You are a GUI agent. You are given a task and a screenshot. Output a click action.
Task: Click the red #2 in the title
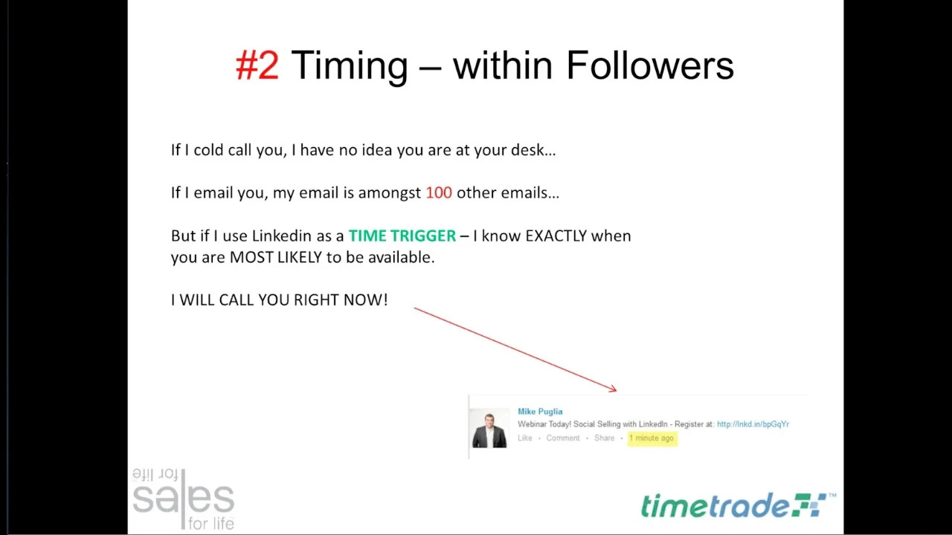pyautogui.click(x=257, y=65)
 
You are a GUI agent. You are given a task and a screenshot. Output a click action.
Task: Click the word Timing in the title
pyautogui.click(x=350, y=67)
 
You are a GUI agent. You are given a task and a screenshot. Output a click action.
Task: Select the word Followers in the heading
pyautogui.click(x=650, y=65)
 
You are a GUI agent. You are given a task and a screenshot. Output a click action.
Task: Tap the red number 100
pyautogui.click(x=439, y=192)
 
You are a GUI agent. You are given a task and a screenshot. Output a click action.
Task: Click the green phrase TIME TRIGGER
pyautogui.click(x=402, y=236)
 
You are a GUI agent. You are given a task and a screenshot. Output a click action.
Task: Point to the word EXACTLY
pyautogui.click(x=556, y=236)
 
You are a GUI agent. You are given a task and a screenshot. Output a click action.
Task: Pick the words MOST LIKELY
pyautogui.click(x=276, y=257)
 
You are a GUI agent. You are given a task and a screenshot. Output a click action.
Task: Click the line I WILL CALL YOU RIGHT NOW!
pyautogui.click(x=279, y=299)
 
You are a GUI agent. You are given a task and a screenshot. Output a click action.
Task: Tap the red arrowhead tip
pyautogui.click(x=617, y=391)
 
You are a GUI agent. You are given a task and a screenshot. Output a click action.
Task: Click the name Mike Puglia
pyautogui.click(x=540, y=412)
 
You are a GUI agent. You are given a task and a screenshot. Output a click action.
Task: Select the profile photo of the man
pyautogui.click(x=489, y=429)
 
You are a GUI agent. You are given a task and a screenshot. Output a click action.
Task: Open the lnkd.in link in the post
pyautogui.click(x=753, y=424)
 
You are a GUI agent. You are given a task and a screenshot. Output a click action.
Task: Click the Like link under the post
pyautogui.click(x=525, y=438)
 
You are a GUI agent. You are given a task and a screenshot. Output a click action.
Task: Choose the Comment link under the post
pyautogui.click(x=563, y=438)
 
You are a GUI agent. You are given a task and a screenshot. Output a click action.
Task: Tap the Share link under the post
pyautogui.click(x=604, y=438)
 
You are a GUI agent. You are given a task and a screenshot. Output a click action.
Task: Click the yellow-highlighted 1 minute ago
pyautogui.click(x=652, y=438)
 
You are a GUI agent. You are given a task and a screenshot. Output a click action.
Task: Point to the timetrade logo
pyautogui.click(x=739, y=505)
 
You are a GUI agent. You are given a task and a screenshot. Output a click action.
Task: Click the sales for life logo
pyautogui.click(x=183, y=499)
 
